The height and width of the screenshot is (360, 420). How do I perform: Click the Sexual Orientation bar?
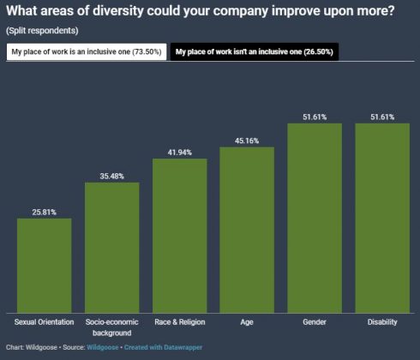tap(45, 266)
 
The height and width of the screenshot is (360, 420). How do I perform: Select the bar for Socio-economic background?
tap(112, 248)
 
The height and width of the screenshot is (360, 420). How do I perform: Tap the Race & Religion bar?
tap(180, 236)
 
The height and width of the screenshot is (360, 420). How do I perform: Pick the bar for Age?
tap(247, 230)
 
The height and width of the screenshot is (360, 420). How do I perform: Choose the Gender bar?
tap(315, 219)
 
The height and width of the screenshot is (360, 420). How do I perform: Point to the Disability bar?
tap(382, 219)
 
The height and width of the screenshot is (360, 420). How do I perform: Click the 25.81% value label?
tap(45, 213)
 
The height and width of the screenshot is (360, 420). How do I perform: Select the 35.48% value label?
tap(112, 177)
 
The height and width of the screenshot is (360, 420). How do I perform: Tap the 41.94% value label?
tap(180, 153)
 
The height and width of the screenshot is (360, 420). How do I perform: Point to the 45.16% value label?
tap(247, 141)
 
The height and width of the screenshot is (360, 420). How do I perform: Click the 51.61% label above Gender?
tap(315, 117)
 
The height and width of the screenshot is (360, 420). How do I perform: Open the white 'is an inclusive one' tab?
tap(87, 51)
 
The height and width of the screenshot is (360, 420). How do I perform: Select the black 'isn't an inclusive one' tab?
tap(255, 51)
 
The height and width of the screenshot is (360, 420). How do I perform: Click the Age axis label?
tap(247, 322)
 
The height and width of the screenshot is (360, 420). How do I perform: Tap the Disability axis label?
tap(382, 322)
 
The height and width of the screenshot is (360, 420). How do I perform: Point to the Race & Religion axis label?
tap(180, 322)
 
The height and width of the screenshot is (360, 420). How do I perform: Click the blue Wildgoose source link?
tap(103, 347)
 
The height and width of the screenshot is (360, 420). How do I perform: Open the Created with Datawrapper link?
tap(163, 347)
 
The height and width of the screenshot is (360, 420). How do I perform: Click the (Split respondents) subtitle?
tap(42, 31)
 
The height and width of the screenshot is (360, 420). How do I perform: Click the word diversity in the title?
tap(118, 11)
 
